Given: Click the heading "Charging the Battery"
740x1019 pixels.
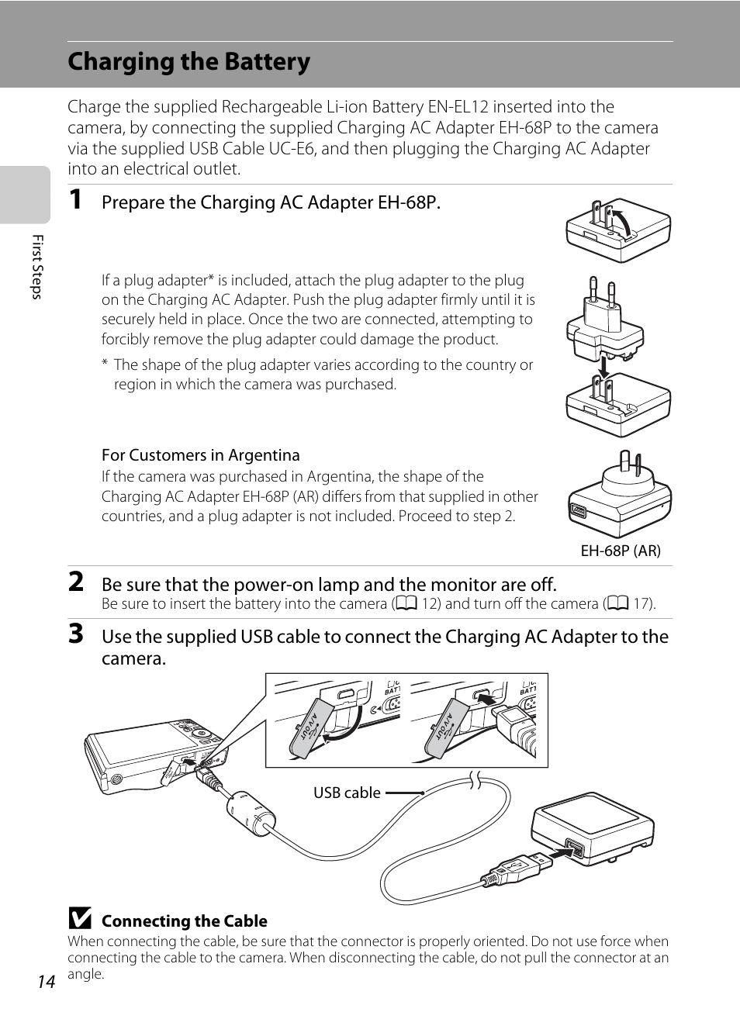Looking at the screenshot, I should click(x=188, y=62).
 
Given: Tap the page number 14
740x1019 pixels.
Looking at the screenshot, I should click(x=47, y=982).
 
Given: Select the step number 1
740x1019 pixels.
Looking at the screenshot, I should click(x=75, y=200).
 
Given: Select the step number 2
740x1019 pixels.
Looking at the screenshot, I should click(x=76, y=582).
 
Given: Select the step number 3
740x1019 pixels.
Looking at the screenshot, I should click(x=76, y=634).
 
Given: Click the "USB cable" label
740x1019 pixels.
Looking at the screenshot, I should click(x=347, y=793).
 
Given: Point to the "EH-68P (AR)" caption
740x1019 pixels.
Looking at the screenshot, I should click(x=621, y=551).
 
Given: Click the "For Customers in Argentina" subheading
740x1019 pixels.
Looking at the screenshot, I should click(x=200, y=455).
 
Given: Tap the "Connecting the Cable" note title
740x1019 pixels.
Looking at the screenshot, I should click(x=185, y=921).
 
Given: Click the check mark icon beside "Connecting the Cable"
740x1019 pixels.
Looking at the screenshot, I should click(x=79, y=919).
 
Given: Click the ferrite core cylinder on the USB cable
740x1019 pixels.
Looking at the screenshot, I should click(x=251, y=813).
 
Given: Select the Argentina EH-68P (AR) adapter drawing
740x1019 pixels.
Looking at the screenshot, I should click(x=620, y=496).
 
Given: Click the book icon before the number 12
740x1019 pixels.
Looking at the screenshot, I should click(x=406, y=604).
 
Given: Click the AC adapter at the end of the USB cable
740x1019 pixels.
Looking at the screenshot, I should click(x=593, y=827).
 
